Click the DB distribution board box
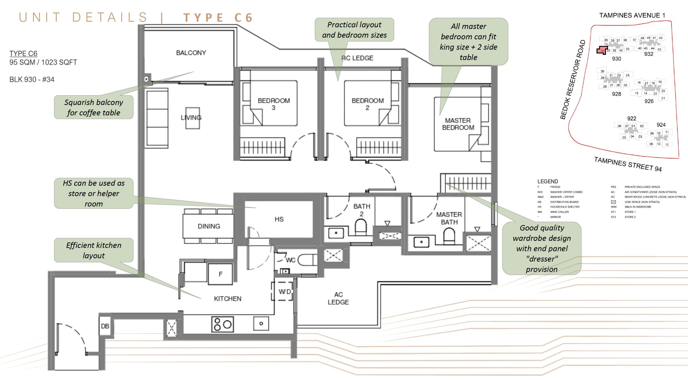click(105, 326)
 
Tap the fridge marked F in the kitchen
click(220, 274)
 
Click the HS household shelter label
click(279, 219)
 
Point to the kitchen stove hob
click(223, 324)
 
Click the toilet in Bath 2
click(361, 227)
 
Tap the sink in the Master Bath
click(421, 242)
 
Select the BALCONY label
click(191, 53)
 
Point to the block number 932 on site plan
click(648, 54)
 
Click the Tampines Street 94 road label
click(628, 164)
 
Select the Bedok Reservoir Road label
click(573, 80)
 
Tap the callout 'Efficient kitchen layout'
click(94, 250)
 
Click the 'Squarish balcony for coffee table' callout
click(94, 107)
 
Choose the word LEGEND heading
click(547, 181)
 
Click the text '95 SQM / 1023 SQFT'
click(43, 62)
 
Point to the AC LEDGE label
click(338, 298)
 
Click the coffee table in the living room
click(193, 118)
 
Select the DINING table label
click(209, 226)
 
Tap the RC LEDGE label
click(357, 58)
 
